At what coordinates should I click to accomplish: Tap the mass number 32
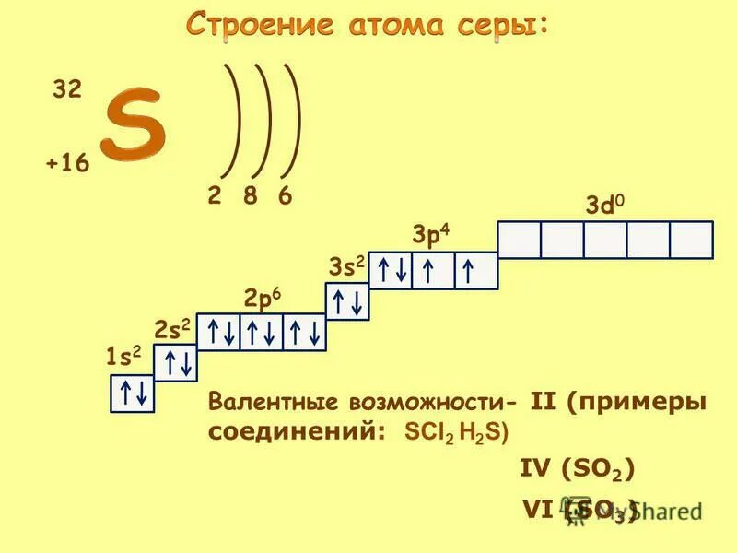pos(66,89)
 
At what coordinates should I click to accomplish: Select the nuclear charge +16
pos(66,164)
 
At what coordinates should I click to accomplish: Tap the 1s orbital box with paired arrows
pos(132,394)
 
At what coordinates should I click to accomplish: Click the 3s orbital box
pos(347,301)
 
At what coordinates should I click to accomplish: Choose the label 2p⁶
pos(262,300)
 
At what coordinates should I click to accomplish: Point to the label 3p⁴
pos(430,237)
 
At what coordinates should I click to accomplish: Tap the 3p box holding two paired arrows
pos(391,271)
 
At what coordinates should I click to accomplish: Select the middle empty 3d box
pos(605,239)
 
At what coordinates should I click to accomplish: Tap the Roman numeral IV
pos(533,469)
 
